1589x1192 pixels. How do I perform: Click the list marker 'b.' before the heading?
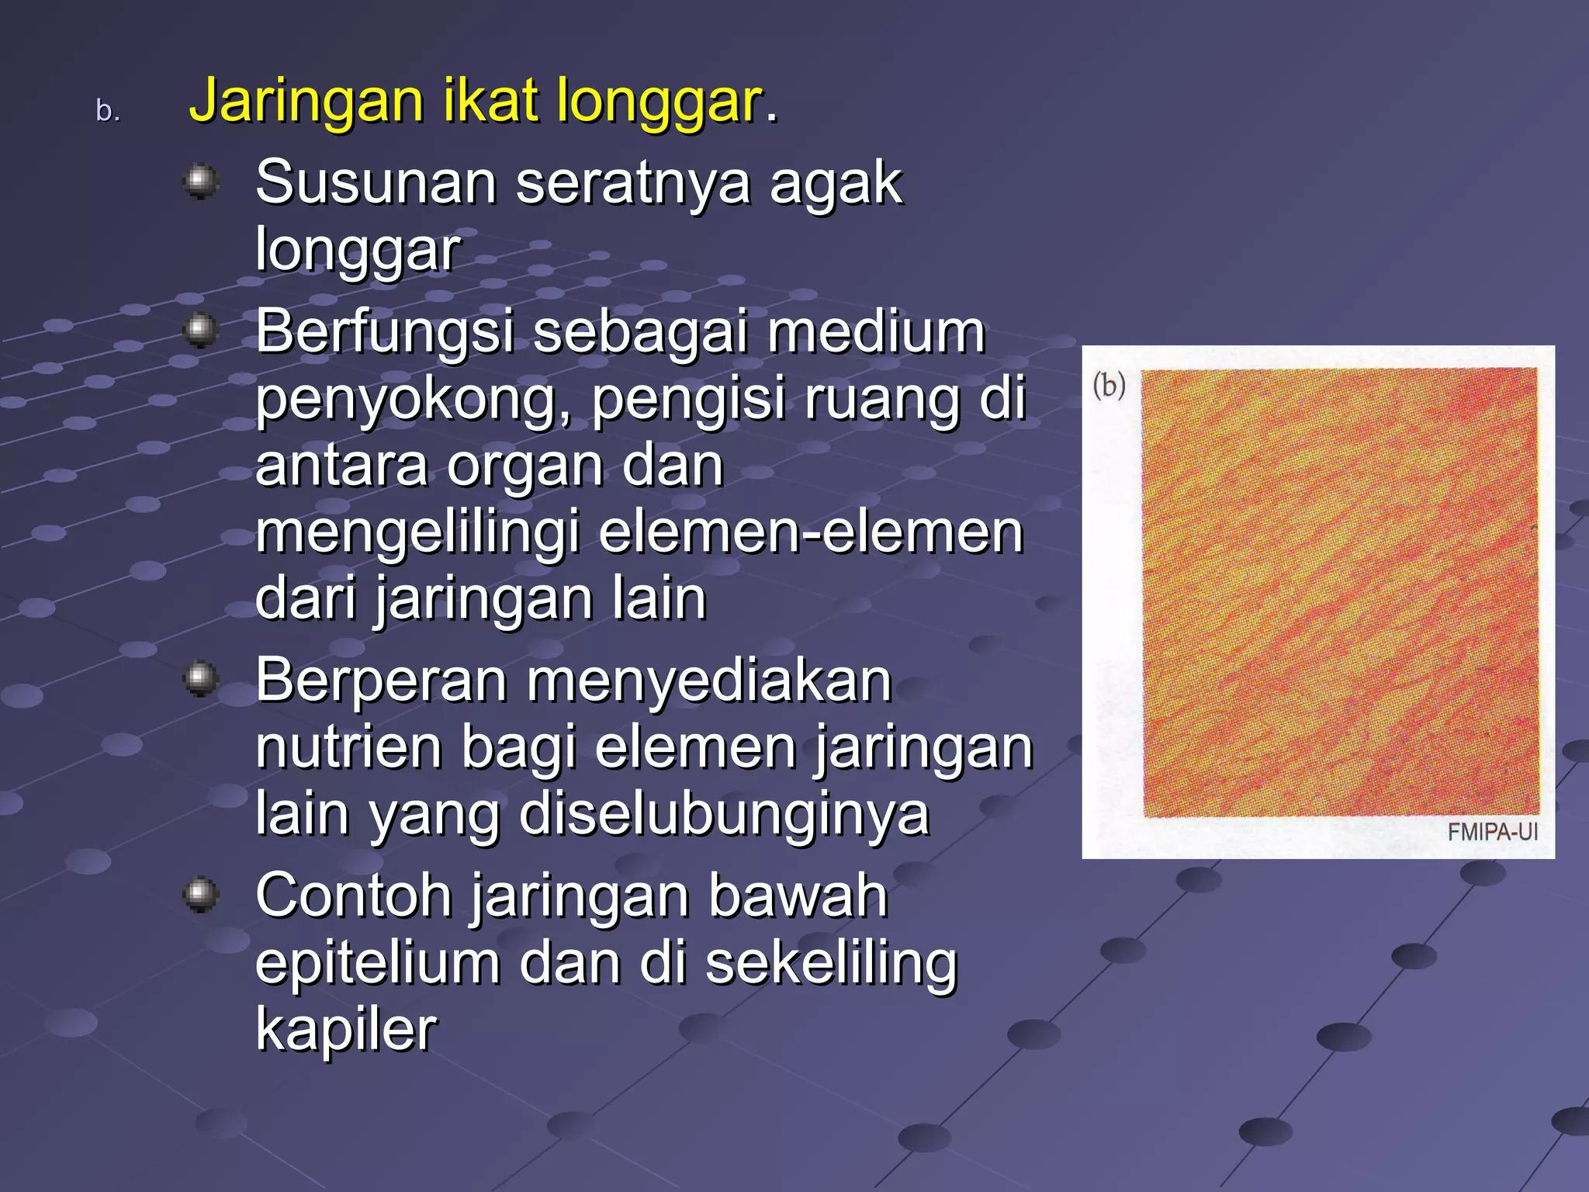click(x=107, y=111)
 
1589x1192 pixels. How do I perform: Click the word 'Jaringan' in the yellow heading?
click(x=306, y=102)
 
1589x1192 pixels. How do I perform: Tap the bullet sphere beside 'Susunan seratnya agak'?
click(x=201, y=182)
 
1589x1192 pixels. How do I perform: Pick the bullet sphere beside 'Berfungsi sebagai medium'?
click(x=201, y=331)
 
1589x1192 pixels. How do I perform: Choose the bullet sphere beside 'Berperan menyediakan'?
click(x=201, y=679)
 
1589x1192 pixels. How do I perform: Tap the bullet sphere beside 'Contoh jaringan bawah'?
click(x=201, y=895)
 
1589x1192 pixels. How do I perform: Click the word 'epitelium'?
click(x=377, y=963)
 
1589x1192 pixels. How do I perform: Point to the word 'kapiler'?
click(x=346, y=1030)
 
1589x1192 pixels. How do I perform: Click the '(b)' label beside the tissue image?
click(x=1109, y=385)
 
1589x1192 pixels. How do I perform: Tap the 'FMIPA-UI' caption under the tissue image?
click(x=1491, y=832)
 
